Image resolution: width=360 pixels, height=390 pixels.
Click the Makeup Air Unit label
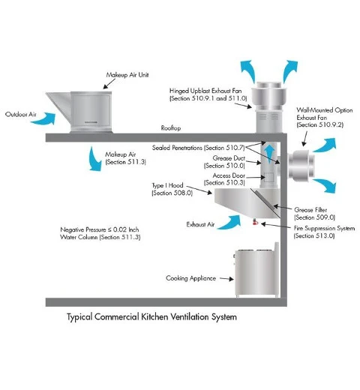coord(127,75)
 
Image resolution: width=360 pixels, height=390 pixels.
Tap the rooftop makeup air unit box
coord(91,112)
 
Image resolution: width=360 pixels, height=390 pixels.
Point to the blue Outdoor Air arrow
coord(43,118)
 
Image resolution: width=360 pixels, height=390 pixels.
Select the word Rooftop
coord(171,128)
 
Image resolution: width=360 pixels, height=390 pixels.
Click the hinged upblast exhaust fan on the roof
coord(269,107)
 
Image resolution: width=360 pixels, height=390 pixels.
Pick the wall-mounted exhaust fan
coord(301,165)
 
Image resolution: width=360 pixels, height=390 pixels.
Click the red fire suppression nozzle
coord(255,222)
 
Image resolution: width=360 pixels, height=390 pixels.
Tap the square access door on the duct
coord(268,177)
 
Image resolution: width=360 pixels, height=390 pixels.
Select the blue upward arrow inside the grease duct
coord(269,154)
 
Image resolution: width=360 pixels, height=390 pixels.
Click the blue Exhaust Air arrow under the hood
coord(230,222)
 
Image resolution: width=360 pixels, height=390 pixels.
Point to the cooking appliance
coord(256,271)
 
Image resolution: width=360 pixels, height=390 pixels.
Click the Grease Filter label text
coord(314,214)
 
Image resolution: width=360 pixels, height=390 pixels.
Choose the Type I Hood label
coord(172,189)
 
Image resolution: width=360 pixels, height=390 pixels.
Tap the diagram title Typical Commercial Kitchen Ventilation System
coord(151,317)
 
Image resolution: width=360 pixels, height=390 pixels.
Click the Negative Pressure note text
coord(100,233)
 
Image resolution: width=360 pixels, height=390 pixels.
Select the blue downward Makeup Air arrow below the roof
coord(95,160)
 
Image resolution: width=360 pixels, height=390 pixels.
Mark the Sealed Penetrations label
coord(199,148)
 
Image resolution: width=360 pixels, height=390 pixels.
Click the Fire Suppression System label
coord(324,232)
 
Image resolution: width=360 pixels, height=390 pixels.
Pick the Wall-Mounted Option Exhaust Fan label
coord(325,117)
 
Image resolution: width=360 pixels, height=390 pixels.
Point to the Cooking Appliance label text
coord(190,278)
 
